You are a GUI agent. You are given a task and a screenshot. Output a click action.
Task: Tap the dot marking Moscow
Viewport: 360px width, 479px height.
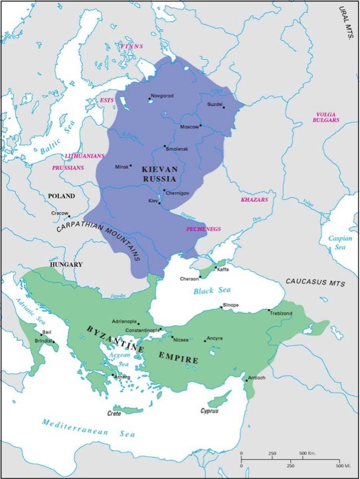201,126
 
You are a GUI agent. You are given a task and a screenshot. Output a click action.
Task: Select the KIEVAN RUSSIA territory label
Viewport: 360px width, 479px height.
159,174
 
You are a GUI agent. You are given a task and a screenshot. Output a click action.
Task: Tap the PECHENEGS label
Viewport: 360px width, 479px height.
203,229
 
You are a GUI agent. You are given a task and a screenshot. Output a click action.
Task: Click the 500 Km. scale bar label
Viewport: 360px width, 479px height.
308,453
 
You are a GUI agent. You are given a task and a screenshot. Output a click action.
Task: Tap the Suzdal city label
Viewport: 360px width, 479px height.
215,104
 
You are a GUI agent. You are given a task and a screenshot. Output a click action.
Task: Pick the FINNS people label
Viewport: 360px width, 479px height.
131,47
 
